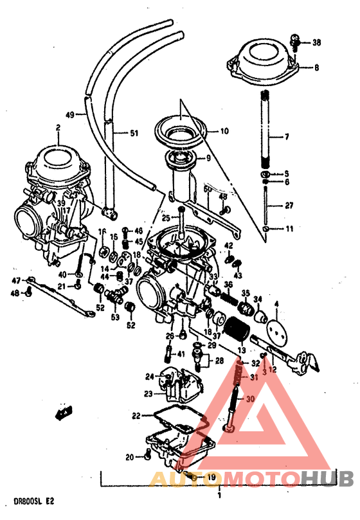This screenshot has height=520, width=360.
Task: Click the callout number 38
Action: tap(316, 43)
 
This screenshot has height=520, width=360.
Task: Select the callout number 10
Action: tap(224, 131)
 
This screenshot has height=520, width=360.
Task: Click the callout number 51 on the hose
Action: tap(133, 134)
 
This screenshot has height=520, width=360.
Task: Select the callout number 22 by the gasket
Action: tap(136, 416)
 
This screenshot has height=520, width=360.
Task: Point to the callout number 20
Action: tap(129, 458)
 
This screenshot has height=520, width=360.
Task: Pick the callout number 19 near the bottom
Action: tap(210, 477)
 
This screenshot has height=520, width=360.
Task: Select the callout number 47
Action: tap(17, 280)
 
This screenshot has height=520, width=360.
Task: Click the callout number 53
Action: tap(116, 318)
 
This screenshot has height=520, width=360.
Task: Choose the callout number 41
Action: tap(181, 354)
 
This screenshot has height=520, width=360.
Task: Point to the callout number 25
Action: tap(165, 219)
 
